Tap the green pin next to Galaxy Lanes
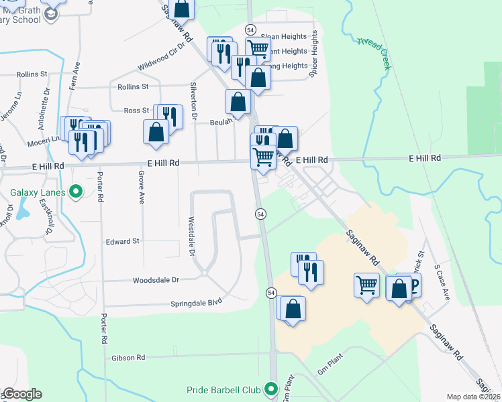(76, 192)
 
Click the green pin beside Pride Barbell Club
(271, 389)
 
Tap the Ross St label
(136, 111)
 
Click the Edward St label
(122, 241)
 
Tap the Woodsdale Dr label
(156, 280)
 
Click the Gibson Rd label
(128, 358)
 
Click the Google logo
(22, 394)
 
